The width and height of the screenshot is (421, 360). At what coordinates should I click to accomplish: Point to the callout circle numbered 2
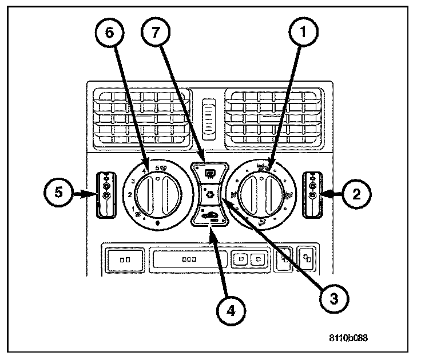(356, 194)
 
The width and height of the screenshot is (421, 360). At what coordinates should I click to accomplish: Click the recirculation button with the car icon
(210, 216)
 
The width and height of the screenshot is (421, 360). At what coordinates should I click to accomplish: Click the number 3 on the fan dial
(134, 181)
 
